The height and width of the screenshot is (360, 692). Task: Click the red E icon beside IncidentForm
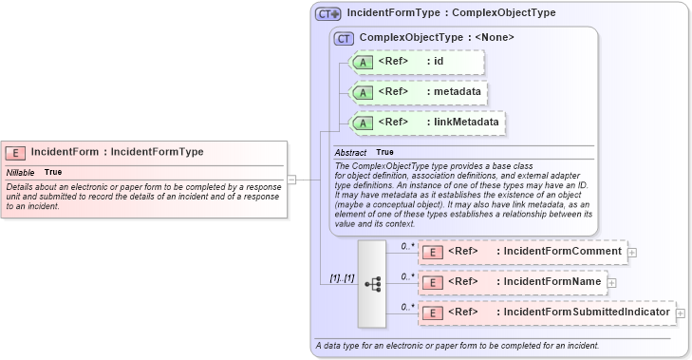pyautogui.click(x=16, y=152)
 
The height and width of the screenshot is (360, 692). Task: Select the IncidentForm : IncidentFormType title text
pyautogui.click(x=117, y=152)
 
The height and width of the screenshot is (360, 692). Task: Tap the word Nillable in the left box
pyautogui.click(x=21, y=172)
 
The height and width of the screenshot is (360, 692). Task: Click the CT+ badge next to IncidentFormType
pyautogui.click(x=327, y=14)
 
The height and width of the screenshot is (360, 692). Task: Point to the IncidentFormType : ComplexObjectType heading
pyautogui.click(x=451, y=13)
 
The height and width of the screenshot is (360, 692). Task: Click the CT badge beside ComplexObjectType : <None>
pyautogui.click(x=344, y=38)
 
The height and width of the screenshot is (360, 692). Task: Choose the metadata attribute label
pyautogui.click(x=460, y=92)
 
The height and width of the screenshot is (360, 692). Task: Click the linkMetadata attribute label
pyautogui.click(x=466, y=123)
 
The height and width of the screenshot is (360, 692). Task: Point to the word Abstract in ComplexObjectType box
pyautogui.click(x=351, y=152)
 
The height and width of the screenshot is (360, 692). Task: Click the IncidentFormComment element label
pyautogui.click(x=563, y=252)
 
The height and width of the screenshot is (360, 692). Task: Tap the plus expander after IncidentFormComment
pyautogui.click(x=632, y=253)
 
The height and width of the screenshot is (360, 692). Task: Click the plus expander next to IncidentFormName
pyautogui.click(x=611, y=283)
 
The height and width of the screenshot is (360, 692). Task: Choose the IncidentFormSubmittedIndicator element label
pyautogui.click(x=587, y=313)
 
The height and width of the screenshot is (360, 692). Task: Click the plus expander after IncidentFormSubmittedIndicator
pyautogui.click(x=680, y=313)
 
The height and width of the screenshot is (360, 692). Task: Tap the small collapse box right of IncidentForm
pyautogui.click(x=292, y=178)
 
